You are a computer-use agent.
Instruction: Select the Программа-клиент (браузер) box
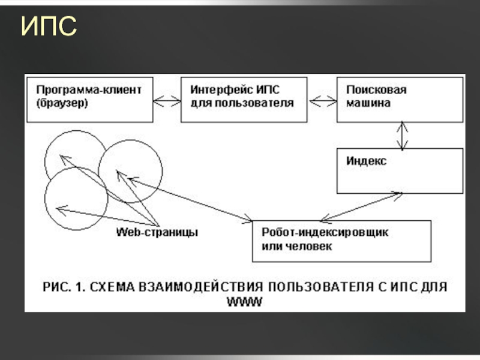(x=89, y=98)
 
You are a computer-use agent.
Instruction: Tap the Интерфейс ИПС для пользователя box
(x=244, y=98)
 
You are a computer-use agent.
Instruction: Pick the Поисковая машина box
(x=400, y=98)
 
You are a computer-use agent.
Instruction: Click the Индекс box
(x=400, y=171)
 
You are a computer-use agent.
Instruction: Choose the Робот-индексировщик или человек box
(x=341, y=241)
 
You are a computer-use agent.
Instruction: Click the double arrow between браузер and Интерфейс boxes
(x=167, y=100)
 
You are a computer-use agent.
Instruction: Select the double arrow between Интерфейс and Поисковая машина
(x=322, y=99)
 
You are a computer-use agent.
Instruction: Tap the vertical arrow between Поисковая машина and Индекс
(x=403, y=135)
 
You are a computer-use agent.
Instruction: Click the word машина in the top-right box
(x=368, y=103)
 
